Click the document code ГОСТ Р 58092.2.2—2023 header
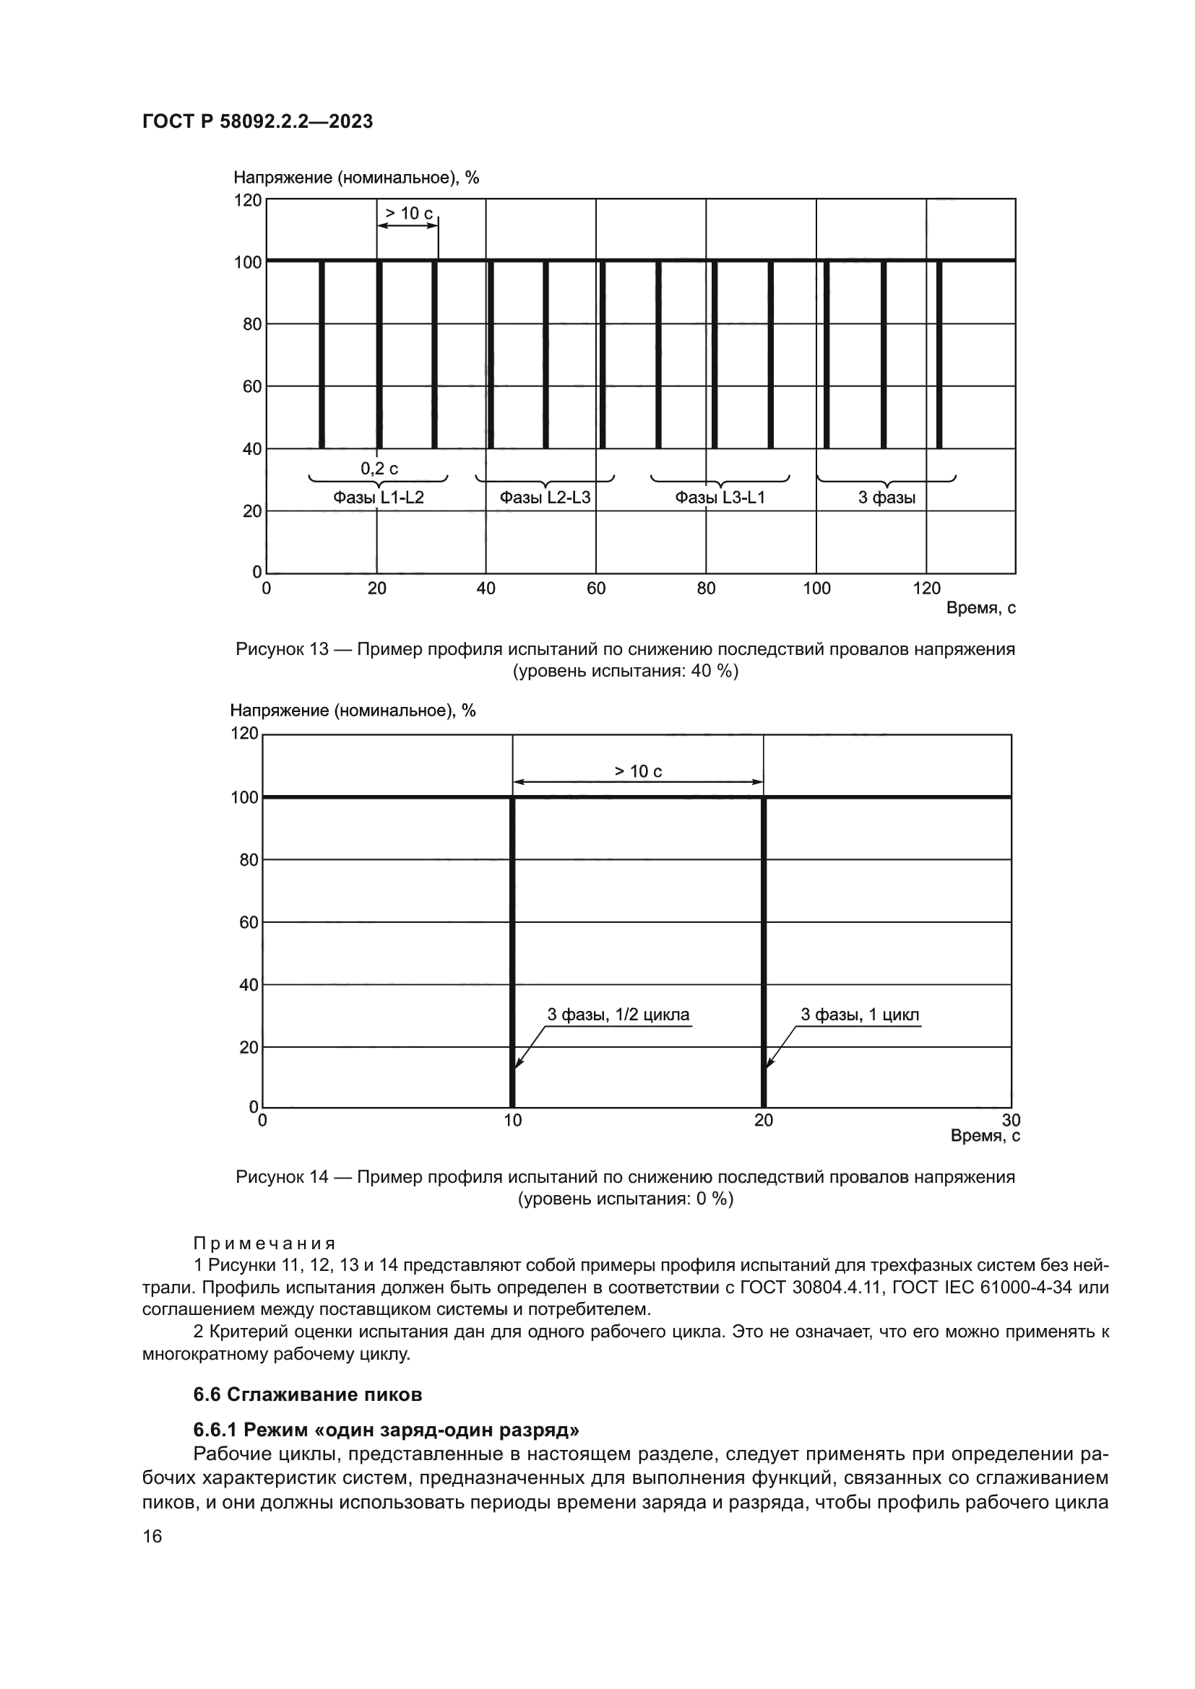[257, 121]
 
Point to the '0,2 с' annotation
[379, 469]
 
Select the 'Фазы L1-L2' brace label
[378, 498]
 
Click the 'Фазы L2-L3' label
[545, 498]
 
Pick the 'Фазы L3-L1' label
[720, 498]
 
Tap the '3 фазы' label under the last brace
[886, 498]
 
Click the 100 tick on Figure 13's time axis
[816, 589]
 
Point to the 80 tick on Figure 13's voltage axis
[252, 324]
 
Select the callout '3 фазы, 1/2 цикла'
[618, 1015]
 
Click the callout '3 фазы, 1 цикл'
[860, 1015]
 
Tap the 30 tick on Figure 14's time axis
[1011, 1121]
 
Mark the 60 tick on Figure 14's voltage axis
[249, 922]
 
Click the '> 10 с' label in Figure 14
[638, 771]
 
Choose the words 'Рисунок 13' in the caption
[282, 650]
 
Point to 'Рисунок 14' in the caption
[282, 1177]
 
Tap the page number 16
[152, 1536]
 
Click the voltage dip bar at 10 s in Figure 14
[512, 956]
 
